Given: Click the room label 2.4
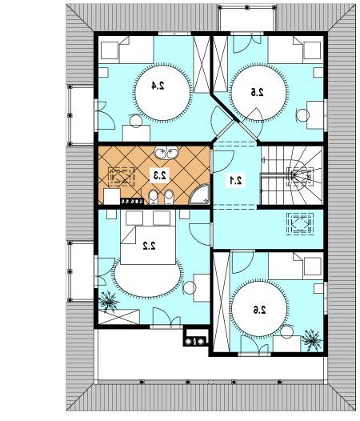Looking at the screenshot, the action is coord(158,86).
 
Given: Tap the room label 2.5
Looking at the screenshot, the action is coord(257,92).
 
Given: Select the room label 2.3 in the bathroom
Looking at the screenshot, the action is coord(160,175).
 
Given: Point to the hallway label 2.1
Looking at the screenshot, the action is coord(235,180).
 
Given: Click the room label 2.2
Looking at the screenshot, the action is coord(149,246).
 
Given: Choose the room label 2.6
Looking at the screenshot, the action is coord(259,310).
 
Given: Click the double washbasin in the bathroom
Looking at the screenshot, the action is coord(166,153).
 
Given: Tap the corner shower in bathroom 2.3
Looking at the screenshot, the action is coord(200,194).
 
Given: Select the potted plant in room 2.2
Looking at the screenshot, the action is coord(109,301).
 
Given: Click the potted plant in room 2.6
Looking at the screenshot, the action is coord(311,339).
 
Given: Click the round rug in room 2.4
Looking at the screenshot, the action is coord(162,92).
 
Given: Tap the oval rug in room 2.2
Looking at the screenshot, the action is coord(147,278).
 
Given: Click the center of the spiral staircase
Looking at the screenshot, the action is coord(294,176).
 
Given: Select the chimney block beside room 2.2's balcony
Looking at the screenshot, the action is coord(196,336).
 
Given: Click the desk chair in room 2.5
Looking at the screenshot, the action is coord(303,116).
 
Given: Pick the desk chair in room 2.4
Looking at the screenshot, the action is coord(136,121).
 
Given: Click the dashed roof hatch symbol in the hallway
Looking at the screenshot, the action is coord(300,224).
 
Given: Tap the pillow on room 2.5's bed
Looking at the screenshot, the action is coord(312,50).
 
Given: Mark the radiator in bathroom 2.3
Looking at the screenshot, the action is coord(132,201).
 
